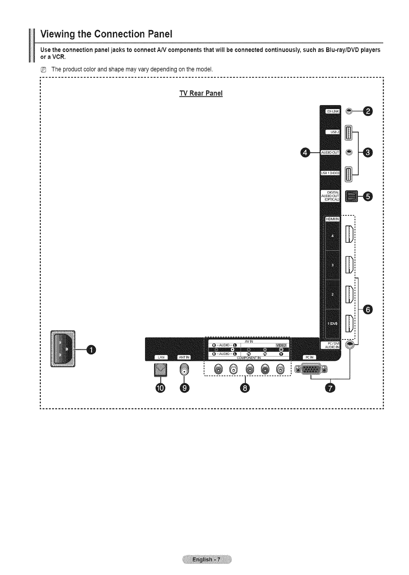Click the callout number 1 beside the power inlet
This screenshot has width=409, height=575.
coord(91,349)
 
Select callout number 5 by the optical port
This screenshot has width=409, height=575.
coord(368,196)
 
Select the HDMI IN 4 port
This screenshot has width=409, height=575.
coord(349,234)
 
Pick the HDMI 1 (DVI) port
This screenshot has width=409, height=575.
coord(349,323)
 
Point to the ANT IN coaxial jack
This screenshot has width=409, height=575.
coord(185,370)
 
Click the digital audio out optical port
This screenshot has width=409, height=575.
coord(351,196)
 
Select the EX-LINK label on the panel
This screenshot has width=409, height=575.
coord(332,112)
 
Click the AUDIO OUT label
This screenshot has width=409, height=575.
coord(331,152)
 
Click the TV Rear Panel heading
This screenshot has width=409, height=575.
coord(201,93)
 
